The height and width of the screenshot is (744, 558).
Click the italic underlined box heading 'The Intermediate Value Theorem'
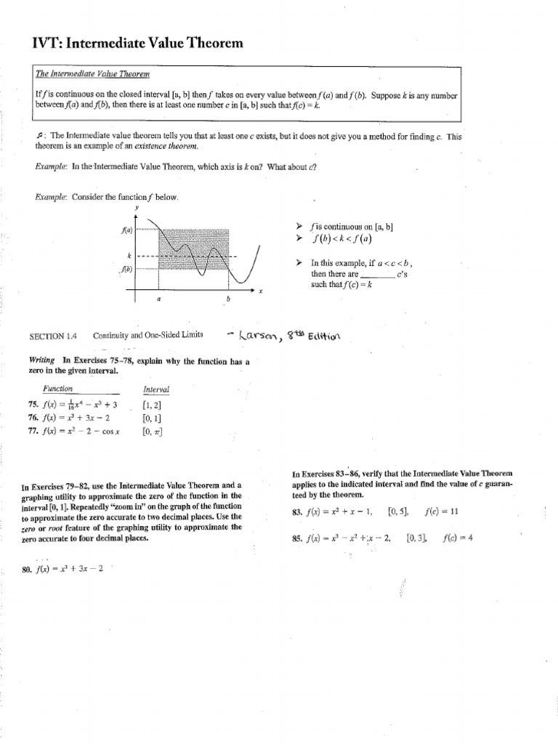(89, 73)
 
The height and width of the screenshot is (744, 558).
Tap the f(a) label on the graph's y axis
(127, 230)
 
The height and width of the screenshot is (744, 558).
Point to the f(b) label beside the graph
(127, 269)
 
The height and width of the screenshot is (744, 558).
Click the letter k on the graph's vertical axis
(129, 256)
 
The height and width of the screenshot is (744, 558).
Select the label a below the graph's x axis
(159, 298)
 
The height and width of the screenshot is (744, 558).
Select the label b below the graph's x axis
(227, 298)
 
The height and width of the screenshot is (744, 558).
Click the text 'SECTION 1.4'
(52, 336)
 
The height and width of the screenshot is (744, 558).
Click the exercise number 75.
(33, 405)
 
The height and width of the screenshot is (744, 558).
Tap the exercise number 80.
(28, 568)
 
